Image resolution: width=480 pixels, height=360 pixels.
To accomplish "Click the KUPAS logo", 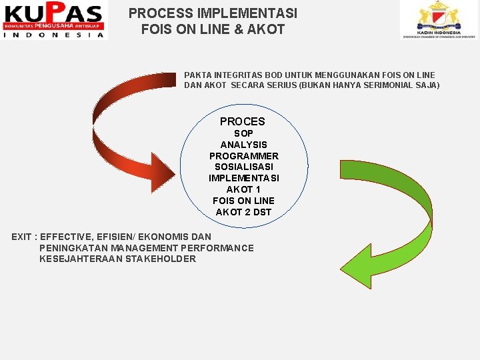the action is point(54,21).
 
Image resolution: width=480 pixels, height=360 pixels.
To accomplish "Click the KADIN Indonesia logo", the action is point(437,20).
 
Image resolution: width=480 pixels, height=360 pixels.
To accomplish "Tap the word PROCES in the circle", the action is point(242,121).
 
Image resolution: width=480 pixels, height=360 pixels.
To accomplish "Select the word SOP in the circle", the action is point(243,133).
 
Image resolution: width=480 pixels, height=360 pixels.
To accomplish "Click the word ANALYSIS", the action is point(243,145).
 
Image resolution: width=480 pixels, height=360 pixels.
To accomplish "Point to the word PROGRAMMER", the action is point(243,156).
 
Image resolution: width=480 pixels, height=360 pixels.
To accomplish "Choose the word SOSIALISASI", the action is point(243,167).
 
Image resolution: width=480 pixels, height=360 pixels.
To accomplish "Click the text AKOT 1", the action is point(243,189).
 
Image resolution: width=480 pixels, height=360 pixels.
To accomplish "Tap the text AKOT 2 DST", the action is point(243,212).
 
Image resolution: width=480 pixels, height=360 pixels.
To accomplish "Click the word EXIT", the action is point(21,237).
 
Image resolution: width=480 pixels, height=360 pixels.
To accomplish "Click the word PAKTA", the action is point(197,75).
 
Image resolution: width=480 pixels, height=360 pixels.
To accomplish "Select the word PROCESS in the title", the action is point(157,13).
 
